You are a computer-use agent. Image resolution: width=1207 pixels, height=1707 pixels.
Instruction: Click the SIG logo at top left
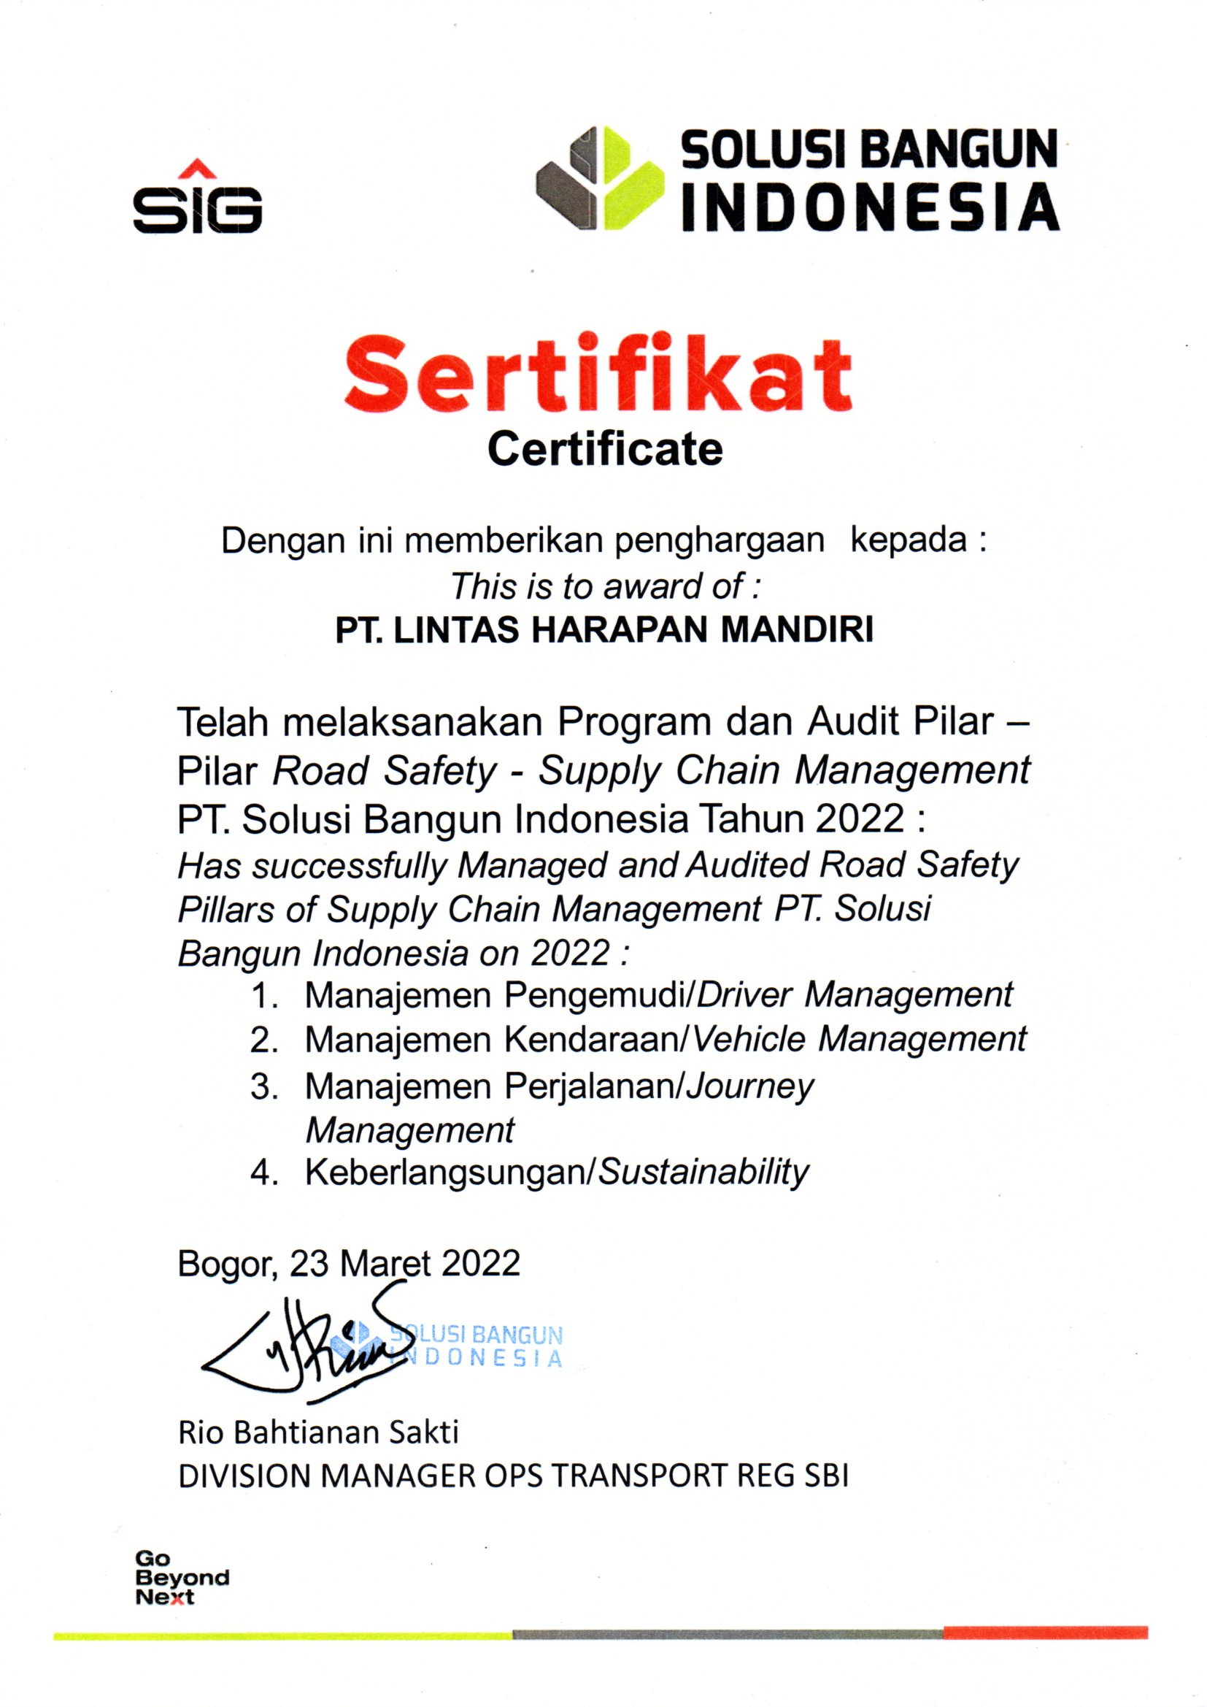[x=197, y=199]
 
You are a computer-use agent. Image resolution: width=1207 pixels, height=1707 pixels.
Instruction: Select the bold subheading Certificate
[x=604, y=449]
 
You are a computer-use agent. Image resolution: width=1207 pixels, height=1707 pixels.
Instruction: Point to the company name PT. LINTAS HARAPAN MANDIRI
[x=604, y=631]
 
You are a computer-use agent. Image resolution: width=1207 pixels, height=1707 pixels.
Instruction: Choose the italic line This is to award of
[x=606, y=586]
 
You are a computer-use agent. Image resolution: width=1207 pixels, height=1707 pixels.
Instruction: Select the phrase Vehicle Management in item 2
[x=859, y=1040]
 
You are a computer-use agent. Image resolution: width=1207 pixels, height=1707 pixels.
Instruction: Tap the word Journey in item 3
[x=750, y=1088]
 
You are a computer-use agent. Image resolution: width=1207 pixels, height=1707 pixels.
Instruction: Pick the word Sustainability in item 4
[x=703, y=1173]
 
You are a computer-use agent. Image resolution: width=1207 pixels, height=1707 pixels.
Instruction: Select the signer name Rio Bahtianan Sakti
[x=318, y=1432]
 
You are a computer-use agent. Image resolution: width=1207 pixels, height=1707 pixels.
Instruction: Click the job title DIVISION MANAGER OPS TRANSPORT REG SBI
[x=513, y=1476]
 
